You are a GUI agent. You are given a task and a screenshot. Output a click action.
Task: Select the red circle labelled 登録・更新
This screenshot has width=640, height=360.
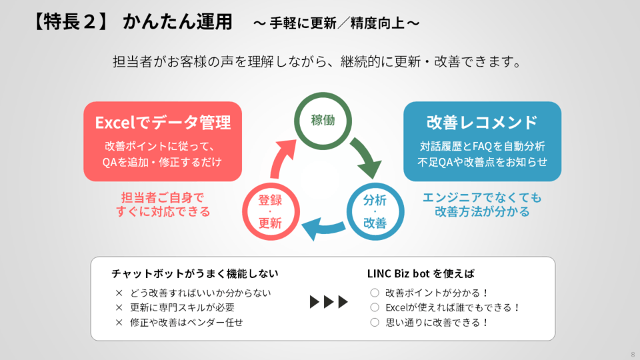pos(269,212)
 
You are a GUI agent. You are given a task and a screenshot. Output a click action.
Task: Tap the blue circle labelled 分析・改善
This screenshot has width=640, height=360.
pos(375,212)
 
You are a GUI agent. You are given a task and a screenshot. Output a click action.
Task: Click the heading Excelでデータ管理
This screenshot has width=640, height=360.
pos(163,123)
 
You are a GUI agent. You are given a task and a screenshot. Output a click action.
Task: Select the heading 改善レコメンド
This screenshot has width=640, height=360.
pos(482,123)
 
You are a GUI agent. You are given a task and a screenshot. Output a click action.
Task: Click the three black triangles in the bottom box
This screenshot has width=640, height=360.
pos(329,302)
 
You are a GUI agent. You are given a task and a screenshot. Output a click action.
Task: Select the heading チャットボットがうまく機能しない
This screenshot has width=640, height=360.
pos(195,274)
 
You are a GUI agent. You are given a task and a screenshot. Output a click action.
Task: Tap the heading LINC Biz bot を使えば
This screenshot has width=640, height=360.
pos(421,274)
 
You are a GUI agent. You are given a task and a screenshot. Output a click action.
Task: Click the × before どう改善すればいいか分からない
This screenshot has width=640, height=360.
pos(119,293)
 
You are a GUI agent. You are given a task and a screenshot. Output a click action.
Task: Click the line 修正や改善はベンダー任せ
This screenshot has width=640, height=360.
pos(187,322)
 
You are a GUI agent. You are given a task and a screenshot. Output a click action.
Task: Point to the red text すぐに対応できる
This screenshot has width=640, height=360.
pos(163,211)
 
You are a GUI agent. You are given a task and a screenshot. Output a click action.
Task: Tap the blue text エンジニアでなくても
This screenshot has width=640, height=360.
pos(482,197)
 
